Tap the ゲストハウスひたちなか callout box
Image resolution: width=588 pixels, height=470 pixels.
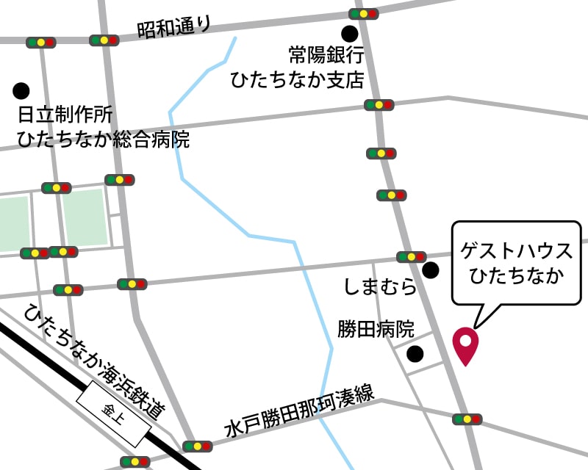point(516,263)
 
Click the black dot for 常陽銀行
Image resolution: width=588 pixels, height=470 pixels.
point(349,33)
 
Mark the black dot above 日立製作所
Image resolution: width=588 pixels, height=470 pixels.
point(21,91)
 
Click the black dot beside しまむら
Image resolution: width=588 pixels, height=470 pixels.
point(431,270)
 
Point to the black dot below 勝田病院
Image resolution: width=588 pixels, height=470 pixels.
point(415,354)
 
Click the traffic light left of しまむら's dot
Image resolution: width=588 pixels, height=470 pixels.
point(411,257)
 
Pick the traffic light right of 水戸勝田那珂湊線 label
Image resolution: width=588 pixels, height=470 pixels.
point(467,419)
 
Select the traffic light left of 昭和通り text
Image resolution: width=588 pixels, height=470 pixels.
point(104,40)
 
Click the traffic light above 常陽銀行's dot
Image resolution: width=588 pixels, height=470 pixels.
point(363,13)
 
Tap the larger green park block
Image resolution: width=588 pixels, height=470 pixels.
point(85,217)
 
